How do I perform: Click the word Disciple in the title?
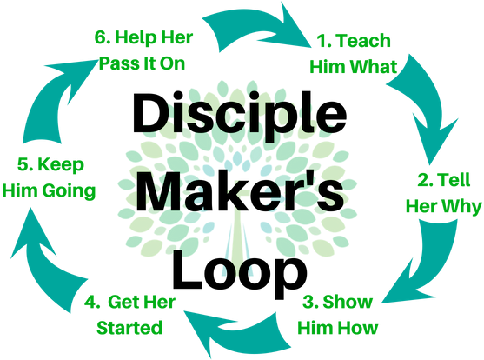point(240,117)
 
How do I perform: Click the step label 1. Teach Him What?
point(353,54)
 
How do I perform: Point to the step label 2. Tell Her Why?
point(443,193)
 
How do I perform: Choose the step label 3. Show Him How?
point(338,315)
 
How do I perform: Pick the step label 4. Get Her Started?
point(130,315)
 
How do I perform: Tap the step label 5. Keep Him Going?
point(49,177)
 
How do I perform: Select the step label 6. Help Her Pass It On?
point(143,50)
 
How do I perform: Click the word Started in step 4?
point(129,328)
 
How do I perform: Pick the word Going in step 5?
point(69,191)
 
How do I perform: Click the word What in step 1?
point(375,67)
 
